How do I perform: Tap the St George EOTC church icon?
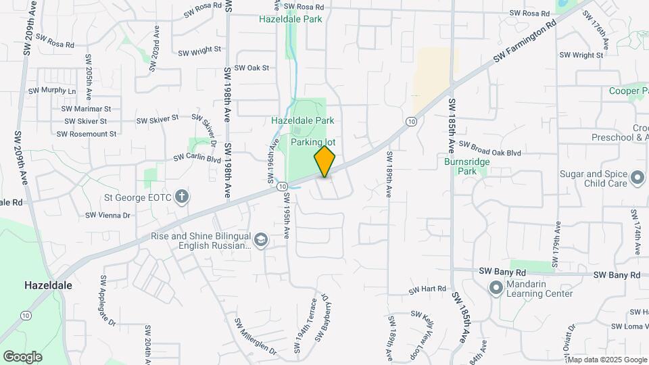[181, 197]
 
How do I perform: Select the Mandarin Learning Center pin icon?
[496, 288]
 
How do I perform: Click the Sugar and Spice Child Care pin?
[637, 178]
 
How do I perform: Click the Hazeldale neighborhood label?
[48, 285]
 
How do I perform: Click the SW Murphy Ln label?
[53, 91]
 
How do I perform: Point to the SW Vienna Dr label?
[107, 215]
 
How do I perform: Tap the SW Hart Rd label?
[427, 289]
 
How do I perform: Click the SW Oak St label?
[251, 68]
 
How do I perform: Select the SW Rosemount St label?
[87, 134]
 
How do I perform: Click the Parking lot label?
[313, 143]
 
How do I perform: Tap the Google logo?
[22, 356]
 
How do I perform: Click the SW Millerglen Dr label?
[256, 336]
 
